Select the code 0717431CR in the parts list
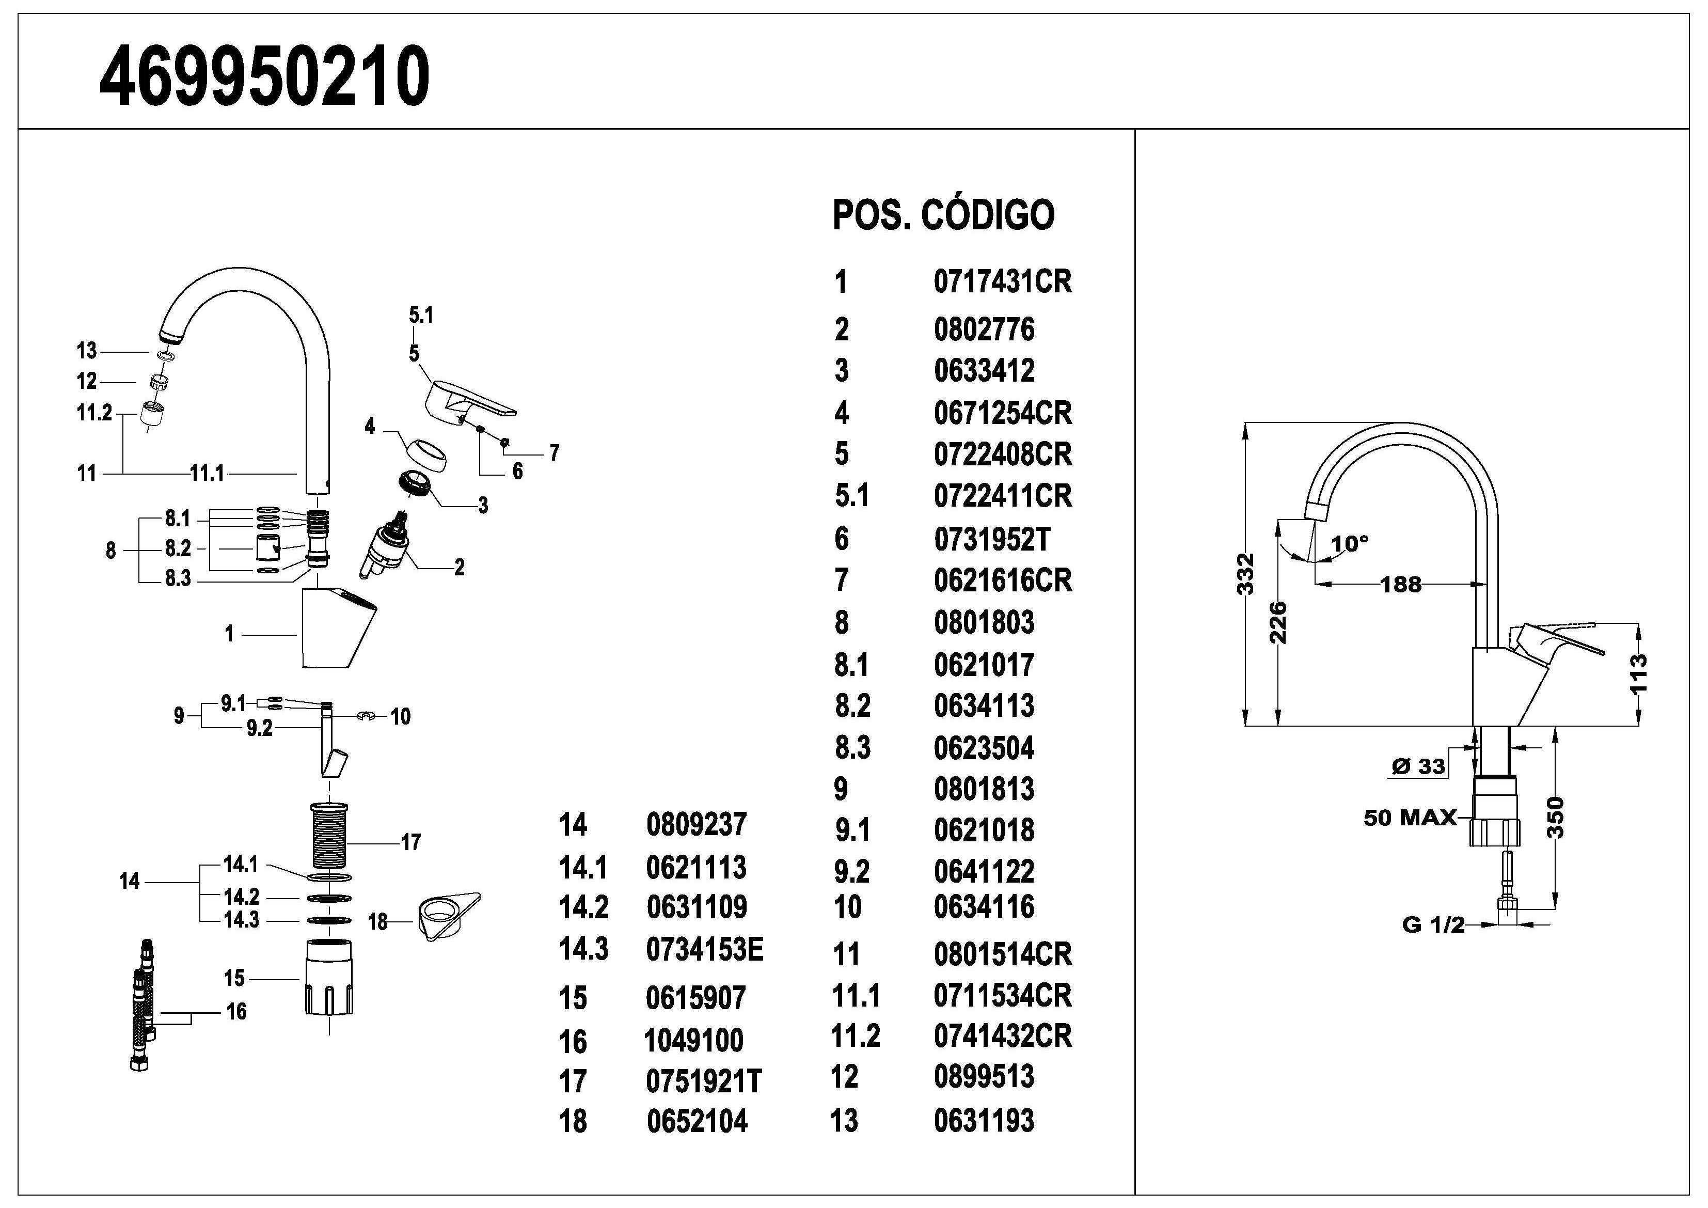click(x=1002, y=282)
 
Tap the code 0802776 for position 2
click(x=984, y=330)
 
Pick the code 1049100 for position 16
click(x=693, y=1040)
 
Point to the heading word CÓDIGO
click(x=987, y=215)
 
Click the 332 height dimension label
click(x=1245, y=573)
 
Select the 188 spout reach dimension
click(x=1401, y=584)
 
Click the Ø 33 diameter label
click(x=1417, y=766)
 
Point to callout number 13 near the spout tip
click(x=86, y=351)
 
